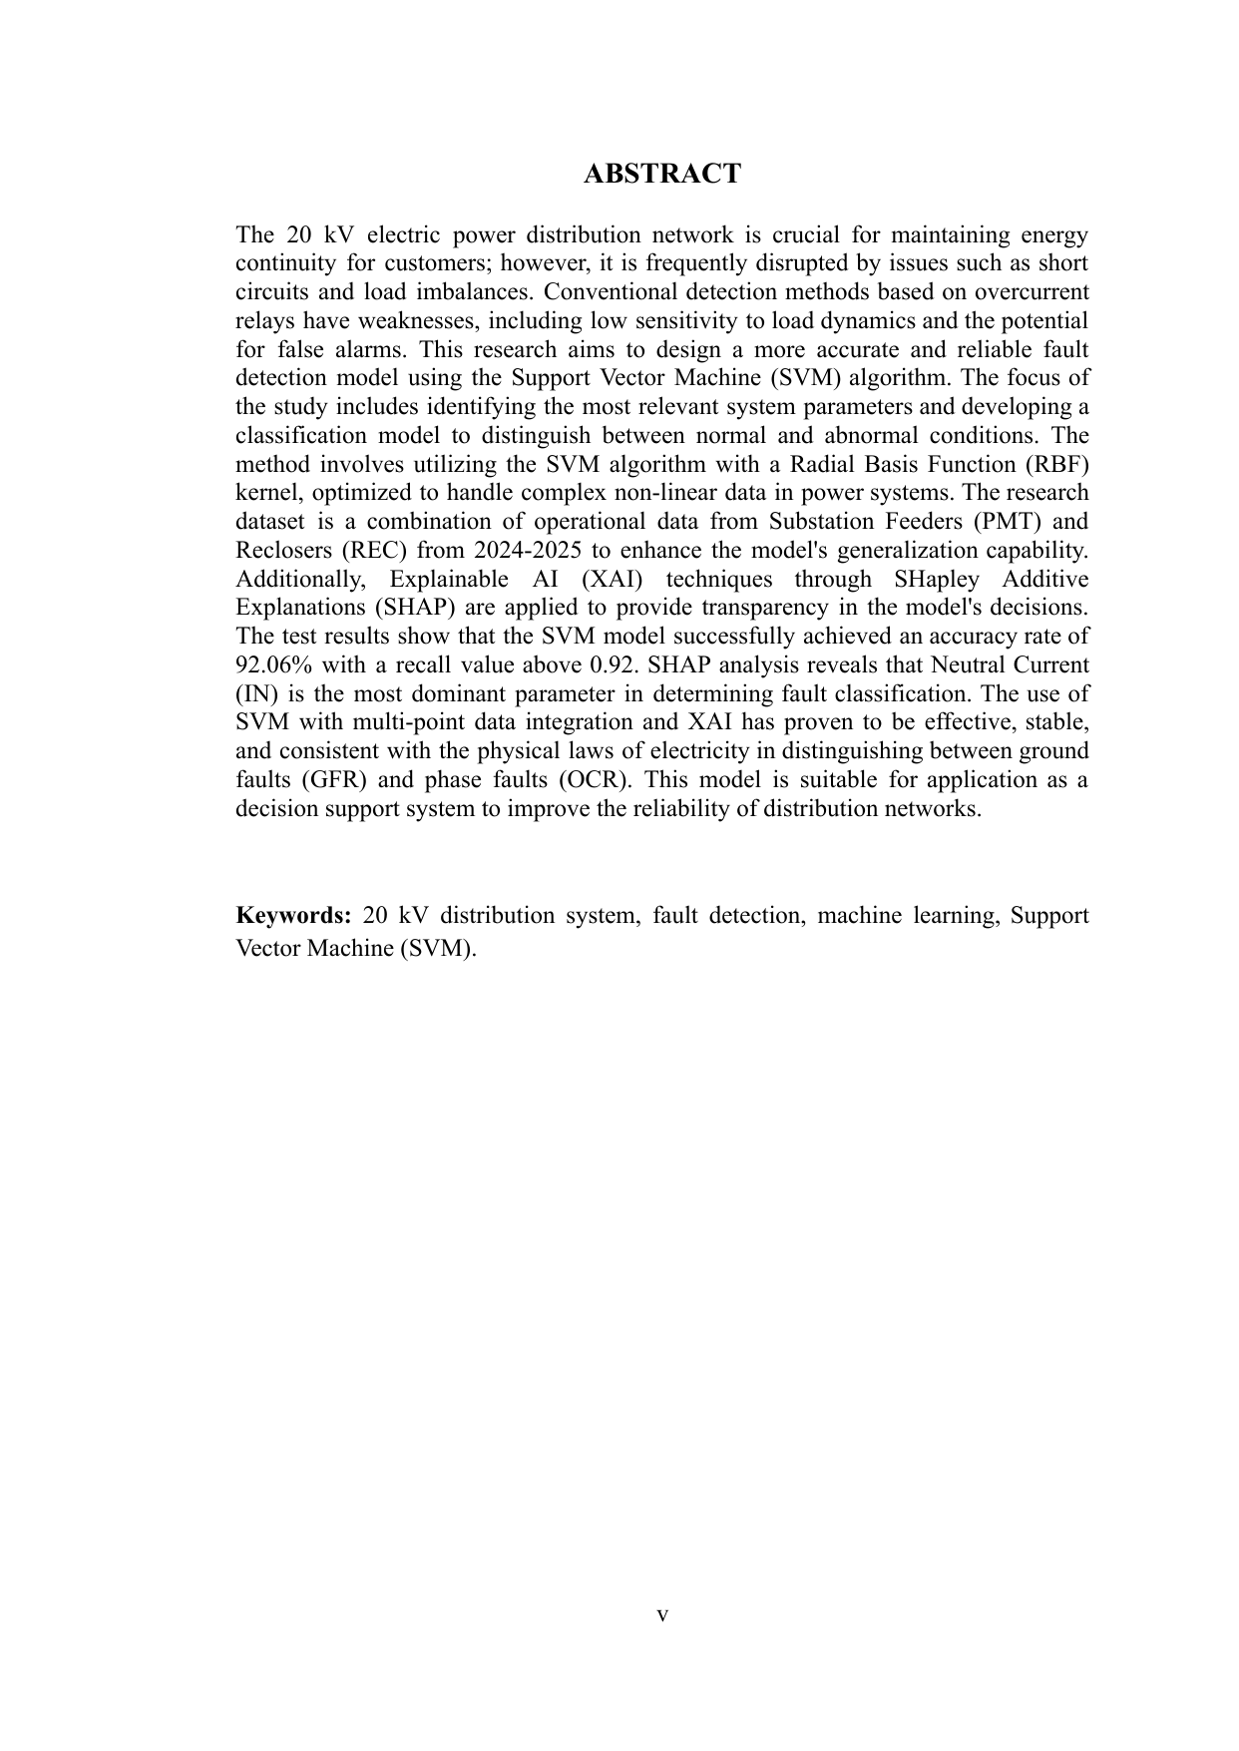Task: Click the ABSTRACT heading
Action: pyautogui.click(x=661, y=174)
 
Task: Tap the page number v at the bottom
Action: pyautogui.click(x=662, y=1614)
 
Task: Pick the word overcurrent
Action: pyautogui.click(x=1032, y=293)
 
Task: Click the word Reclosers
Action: pyautogui.click(x=285, y=551)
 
